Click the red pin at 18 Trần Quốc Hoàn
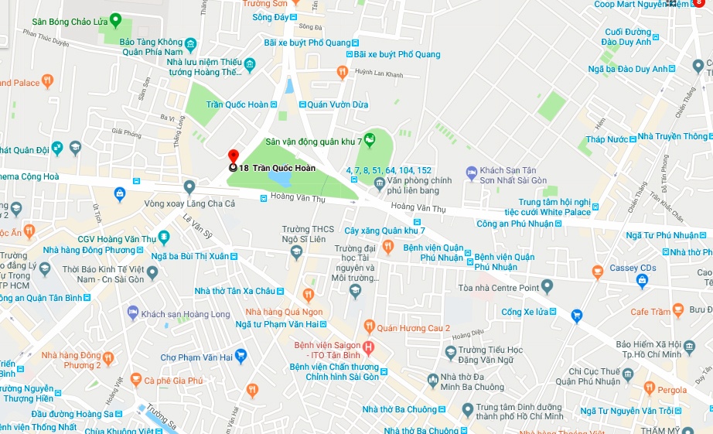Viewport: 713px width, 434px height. pos(233,156)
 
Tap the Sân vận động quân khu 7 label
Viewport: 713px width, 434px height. pos(314,142)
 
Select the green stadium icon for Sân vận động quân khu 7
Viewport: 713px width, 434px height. pos(370,140)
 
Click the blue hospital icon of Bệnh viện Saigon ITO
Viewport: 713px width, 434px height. pos(369,347)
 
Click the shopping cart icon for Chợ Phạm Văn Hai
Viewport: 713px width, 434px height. pos(241,356)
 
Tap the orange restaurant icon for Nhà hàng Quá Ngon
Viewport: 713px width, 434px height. pos(308,294)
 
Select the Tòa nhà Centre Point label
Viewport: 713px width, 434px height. pos(507,288)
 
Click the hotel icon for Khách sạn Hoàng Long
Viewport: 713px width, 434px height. pos(132,313)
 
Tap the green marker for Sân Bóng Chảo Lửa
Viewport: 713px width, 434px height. pos(115,19)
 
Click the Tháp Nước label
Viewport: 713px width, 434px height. pos(606,139)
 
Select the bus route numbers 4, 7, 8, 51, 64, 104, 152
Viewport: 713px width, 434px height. pos(389,169)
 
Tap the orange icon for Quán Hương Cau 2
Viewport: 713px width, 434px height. pos(369,326)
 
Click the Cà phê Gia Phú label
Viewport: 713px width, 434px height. pos(172,380)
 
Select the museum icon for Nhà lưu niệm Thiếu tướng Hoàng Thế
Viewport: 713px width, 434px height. pos(250,63)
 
